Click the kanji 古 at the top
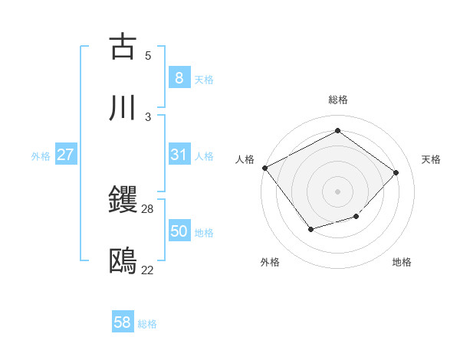pos(123,46)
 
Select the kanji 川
pos(123,108)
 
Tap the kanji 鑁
pos(123,200)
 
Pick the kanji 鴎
pos(123,261)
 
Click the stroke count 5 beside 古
pos(148,55)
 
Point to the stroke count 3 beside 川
pos(148,116)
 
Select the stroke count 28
pos(148,208)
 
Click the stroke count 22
pos(148,270)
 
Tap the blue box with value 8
pos(179,78)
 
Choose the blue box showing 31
pos(179,155)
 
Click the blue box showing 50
pos(179,231)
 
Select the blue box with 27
pos(66,155)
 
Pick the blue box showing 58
pos(123,323)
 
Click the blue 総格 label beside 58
pos(147,324)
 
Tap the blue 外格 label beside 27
pos(41,155)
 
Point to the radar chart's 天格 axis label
pos(431,159)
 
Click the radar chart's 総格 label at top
pos(338,100)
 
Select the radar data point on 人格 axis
pos(264,168)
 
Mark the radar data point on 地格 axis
pos(356,217)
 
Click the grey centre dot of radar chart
pos(337,191)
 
